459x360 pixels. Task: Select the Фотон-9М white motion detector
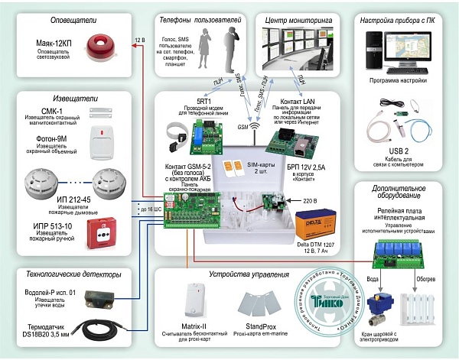pos(103,141)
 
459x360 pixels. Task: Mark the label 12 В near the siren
pos(138,39)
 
